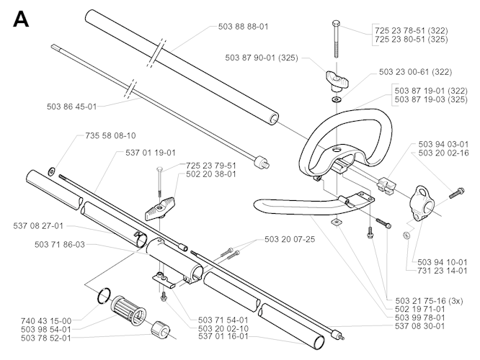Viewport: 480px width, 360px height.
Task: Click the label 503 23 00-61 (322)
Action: coord(414,72)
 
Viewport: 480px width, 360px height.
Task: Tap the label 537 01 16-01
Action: coord(223,335)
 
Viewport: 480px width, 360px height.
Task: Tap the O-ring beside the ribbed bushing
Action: coord(106,297)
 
